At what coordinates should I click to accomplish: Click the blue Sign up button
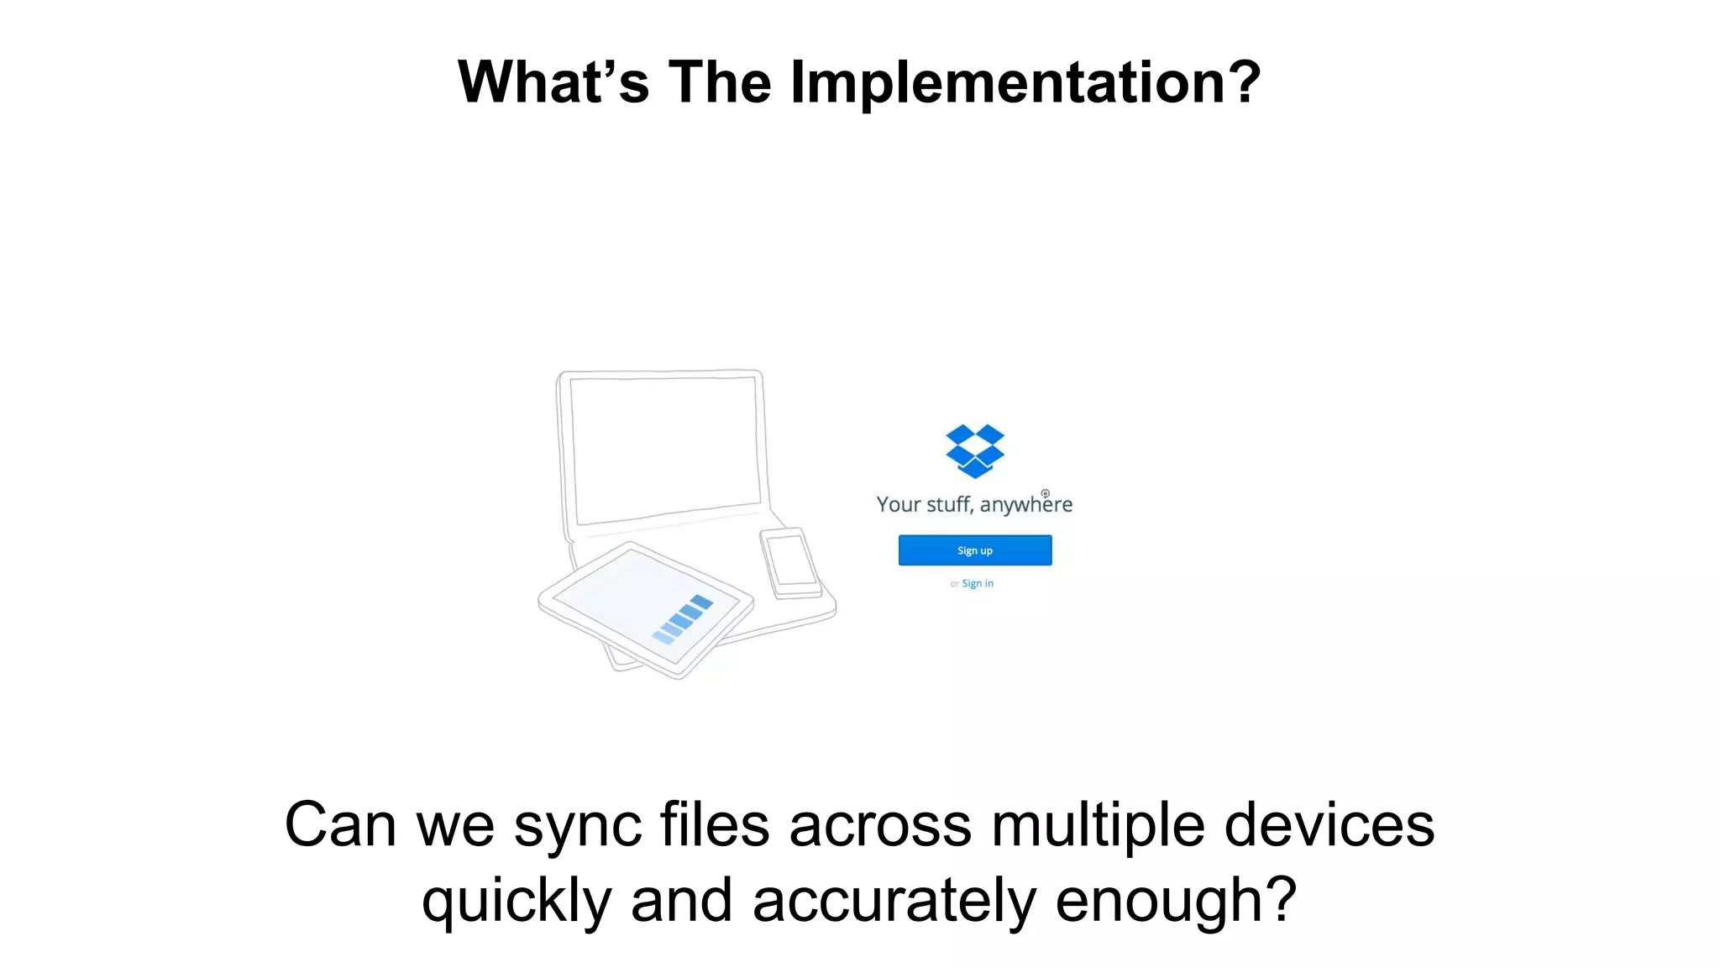pyautogui.click(x=974, y=550)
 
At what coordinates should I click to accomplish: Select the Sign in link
pyautogui.click(x=978, y=583)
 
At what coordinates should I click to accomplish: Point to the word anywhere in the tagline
pyautogui.click(x=1025, y=504)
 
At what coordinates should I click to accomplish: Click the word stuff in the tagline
pyautogui.click(x=950, y=504)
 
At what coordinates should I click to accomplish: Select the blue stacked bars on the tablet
pyautogui.click(x=683, y=619)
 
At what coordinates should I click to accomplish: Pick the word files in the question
pyautogui.click(x=715, y=825)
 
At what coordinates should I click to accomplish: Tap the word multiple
pyautogui.click(x=1098, y=825)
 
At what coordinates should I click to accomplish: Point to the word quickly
pyautogui.click(x=516, y=901)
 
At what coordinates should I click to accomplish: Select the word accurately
pyautogui.click(x=894, y=901)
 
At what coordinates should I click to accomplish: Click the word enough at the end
pyautogui.click(x=1174, y=901)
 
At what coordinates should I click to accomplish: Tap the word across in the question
pyautogui.click(x=880, y=827)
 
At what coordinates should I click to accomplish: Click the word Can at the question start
pyautogui.click(x=340, y=825)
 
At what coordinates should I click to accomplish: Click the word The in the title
pyautogui.click(x=720, y=82)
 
